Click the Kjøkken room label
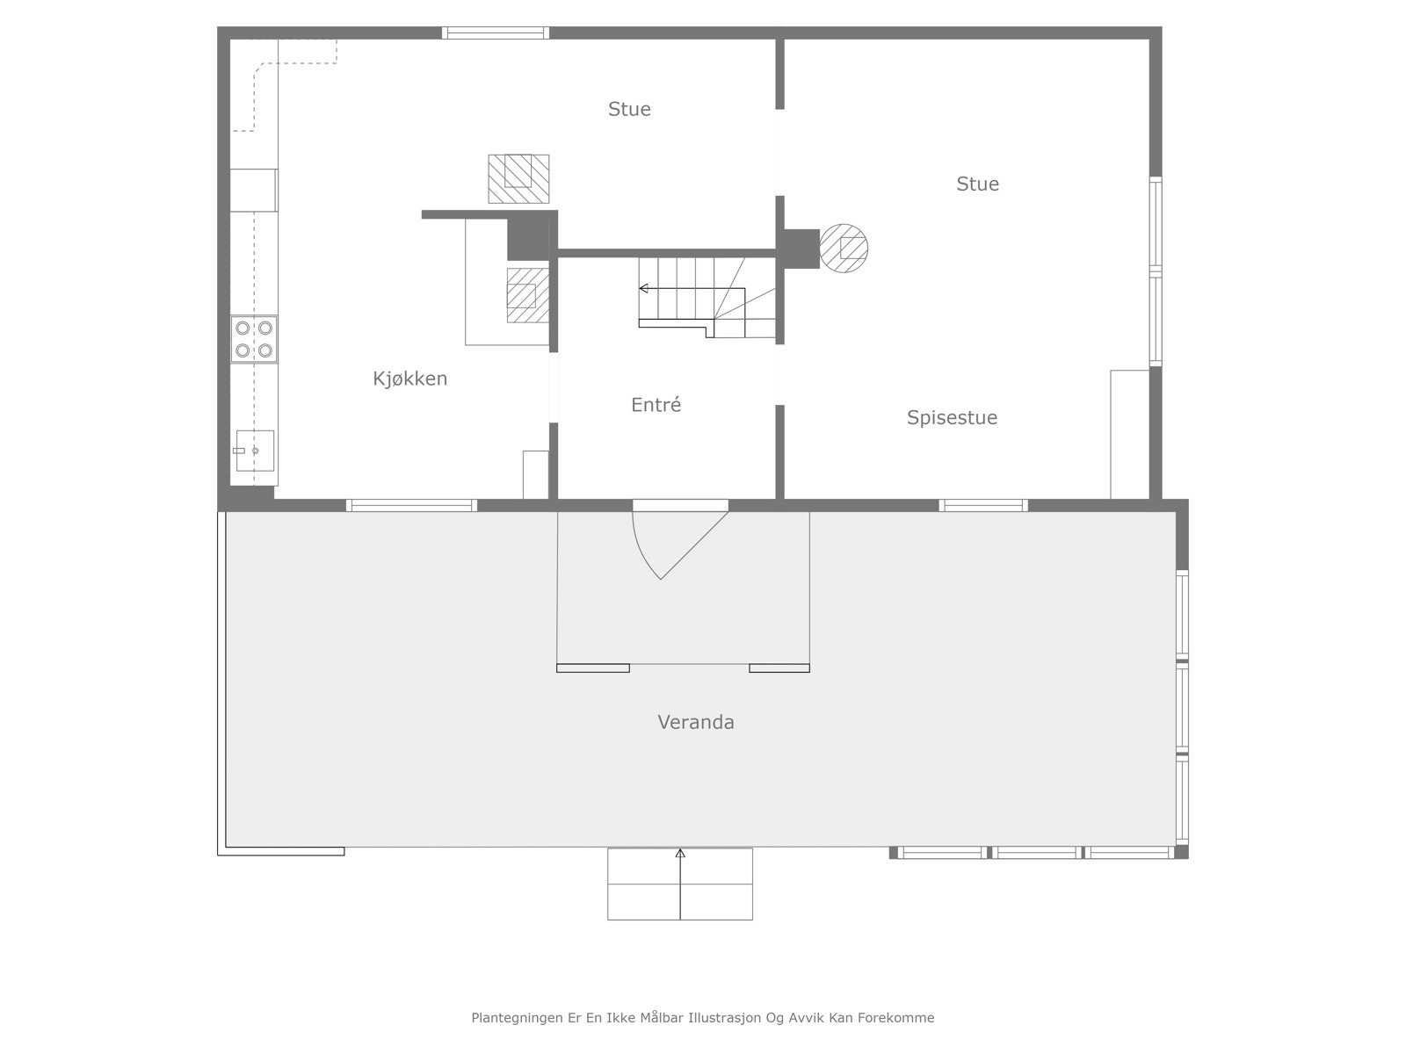pyautogui.click(x=409, y=379)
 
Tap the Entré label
pyautogui.click(x=656, y=405)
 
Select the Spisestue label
pyautogui.click(x=952, y=417)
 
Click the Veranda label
pyautogui.click(x=695, y=722)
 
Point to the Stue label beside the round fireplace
pyautogui.click(x=977, y=184)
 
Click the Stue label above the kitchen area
pyautogui.click(x=629, y=109)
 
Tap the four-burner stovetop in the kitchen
pyautogui.click(x=254, y=339)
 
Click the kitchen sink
pyautogui.click(x=255, y=451)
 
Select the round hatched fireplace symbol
pyautogui.click(x=844, y=248)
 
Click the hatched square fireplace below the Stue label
pyautogui.click(x=518, y=178)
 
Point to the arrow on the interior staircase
pyautogui.click(x=644, y=288)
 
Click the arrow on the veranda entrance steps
pyautogui.click(x=680, y=854)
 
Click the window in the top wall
pyautogui.click(x=495, y=33)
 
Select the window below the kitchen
pyautogui.click(x=410, y=505)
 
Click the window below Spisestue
pyautogui.click(x=982, y=505)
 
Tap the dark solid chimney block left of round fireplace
pyautogui.click(x=801, y=248)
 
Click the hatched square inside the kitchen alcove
pyautogui.click(x=526, y=296)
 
